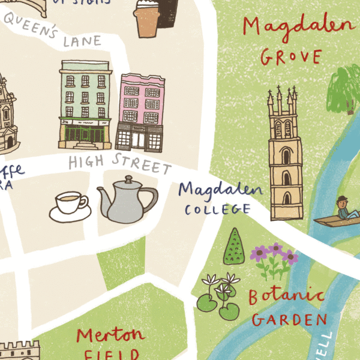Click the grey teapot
(x=128, y=200)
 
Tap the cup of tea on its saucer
(x=71, y=204)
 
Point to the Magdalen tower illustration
(x=285, y=156)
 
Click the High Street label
(x=119, y=164)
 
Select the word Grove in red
(x=291, y=58)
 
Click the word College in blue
(x=217, y=209)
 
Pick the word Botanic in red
(x=286, y=296)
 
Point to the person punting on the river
(x=343, y=209)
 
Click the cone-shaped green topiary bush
(x=234, y=247)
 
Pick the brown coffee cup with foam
(x=148, y=18)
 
